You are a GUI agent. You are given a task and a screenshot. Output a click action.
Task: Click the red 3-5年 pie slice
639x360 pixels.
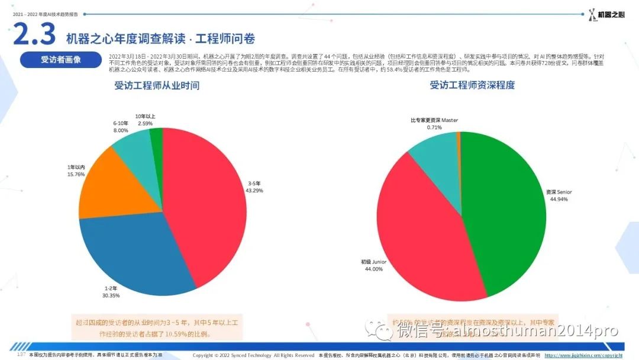pos(204,195)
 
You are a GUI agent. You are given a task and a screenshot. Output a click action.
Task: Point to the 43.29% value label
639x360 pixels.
pos(254,191)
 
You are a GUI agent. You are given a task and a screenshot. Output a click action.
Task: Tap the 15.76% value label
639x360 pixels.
pos(76,175)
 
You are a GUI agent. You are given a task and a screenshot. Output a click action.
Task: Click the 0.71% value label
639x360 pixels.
pos(434,127)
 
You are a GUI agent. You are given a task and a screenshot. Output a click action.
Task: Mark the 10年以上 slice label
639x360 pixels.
pos(144,116)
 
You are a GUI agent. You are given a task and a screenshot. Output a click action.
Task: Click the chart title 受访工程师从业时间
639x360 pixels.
pos(157,85)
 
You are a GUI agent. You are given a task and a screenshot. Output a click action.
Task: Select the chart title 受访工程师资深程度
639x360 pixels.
pos(472,85)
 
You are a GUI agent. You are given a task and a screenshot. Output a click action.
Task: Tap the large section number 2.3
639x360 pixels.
pos(34,35)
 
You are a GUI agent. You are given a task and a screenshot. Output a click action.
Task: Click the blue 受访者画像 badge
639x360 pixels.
pos(60,60)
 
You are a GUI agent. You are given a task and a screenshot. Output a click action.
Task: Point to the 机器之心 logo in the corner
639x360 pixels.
pos(606,15)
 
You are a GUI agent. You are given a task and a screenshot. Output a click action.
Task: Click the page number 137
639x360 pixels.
pos(21,355)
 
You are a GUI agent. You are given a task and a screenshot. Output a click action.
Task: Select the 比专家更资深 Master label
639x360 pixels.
pos(434,120)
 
